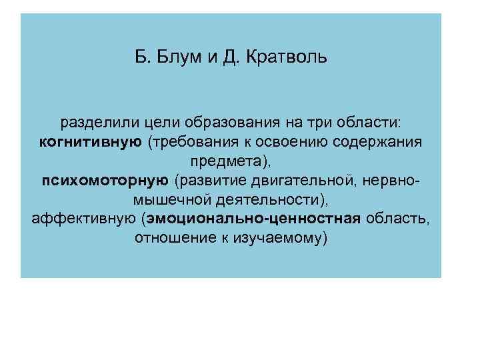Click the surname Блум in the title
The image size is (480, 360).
tap(175, 58)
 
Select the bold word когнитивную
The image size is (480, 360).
tap(90, 141)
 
